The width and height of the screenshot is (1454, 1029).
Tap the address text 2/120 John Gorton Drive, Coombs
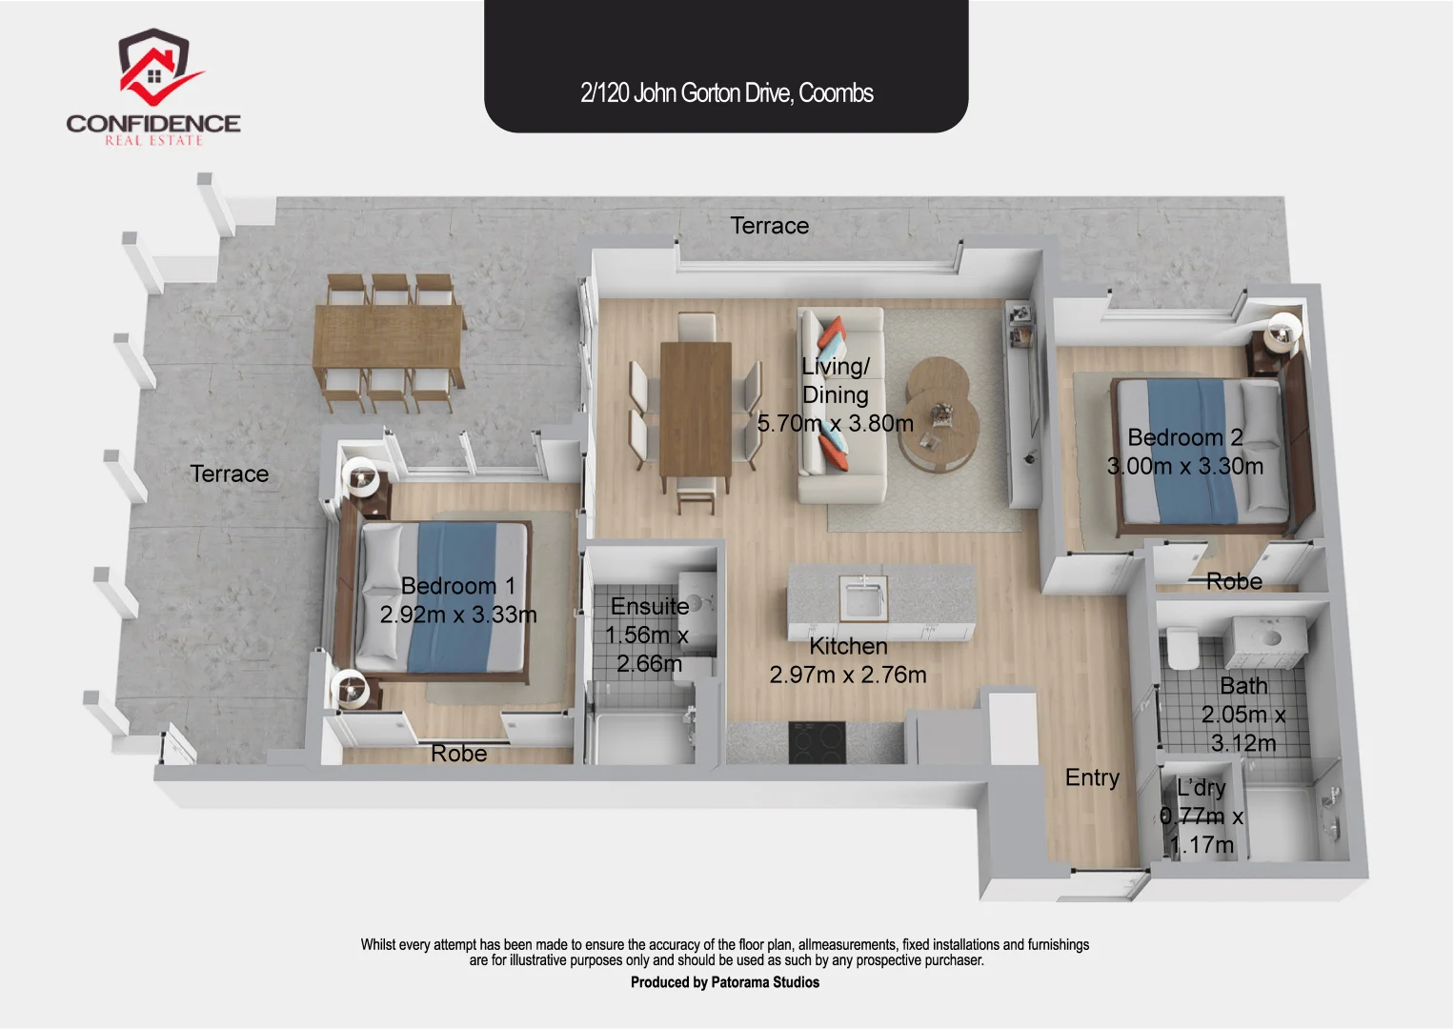(726, 93)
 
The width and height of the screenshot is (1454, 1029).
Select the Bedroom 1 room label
(457, 586)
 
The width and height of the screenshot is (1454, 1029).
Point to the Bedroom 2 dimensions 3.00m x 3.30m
(1185, 467)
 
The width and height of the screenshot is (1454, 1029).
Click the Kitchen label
(848, 646)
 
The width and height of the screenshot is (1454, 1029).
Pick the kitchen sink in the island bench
(863, 597)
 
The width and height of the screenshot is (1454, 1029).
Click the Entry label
(1092, 778)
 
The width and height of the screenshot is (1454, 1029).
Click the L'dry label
(1201, 788)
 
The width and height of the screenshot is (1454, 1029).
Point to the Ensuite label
(650, 607)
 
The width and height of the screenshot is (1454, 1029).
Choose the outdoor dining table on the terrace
(389, 346)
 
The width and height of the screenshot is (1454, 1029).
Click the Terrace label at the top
(769, 226)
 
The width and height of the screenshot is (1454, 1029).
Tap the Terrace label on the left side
(229, 474)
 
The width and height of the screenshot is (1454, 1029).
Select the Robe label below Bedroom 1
(458, 754)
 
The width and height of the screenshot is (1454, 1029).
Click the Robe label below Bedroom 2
(1234, 581)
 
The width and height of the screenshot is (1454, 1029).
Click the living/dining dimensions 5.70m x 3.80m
(835, 424)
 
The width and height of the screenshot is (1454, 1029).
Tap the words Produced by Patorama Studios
(724, 982)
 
